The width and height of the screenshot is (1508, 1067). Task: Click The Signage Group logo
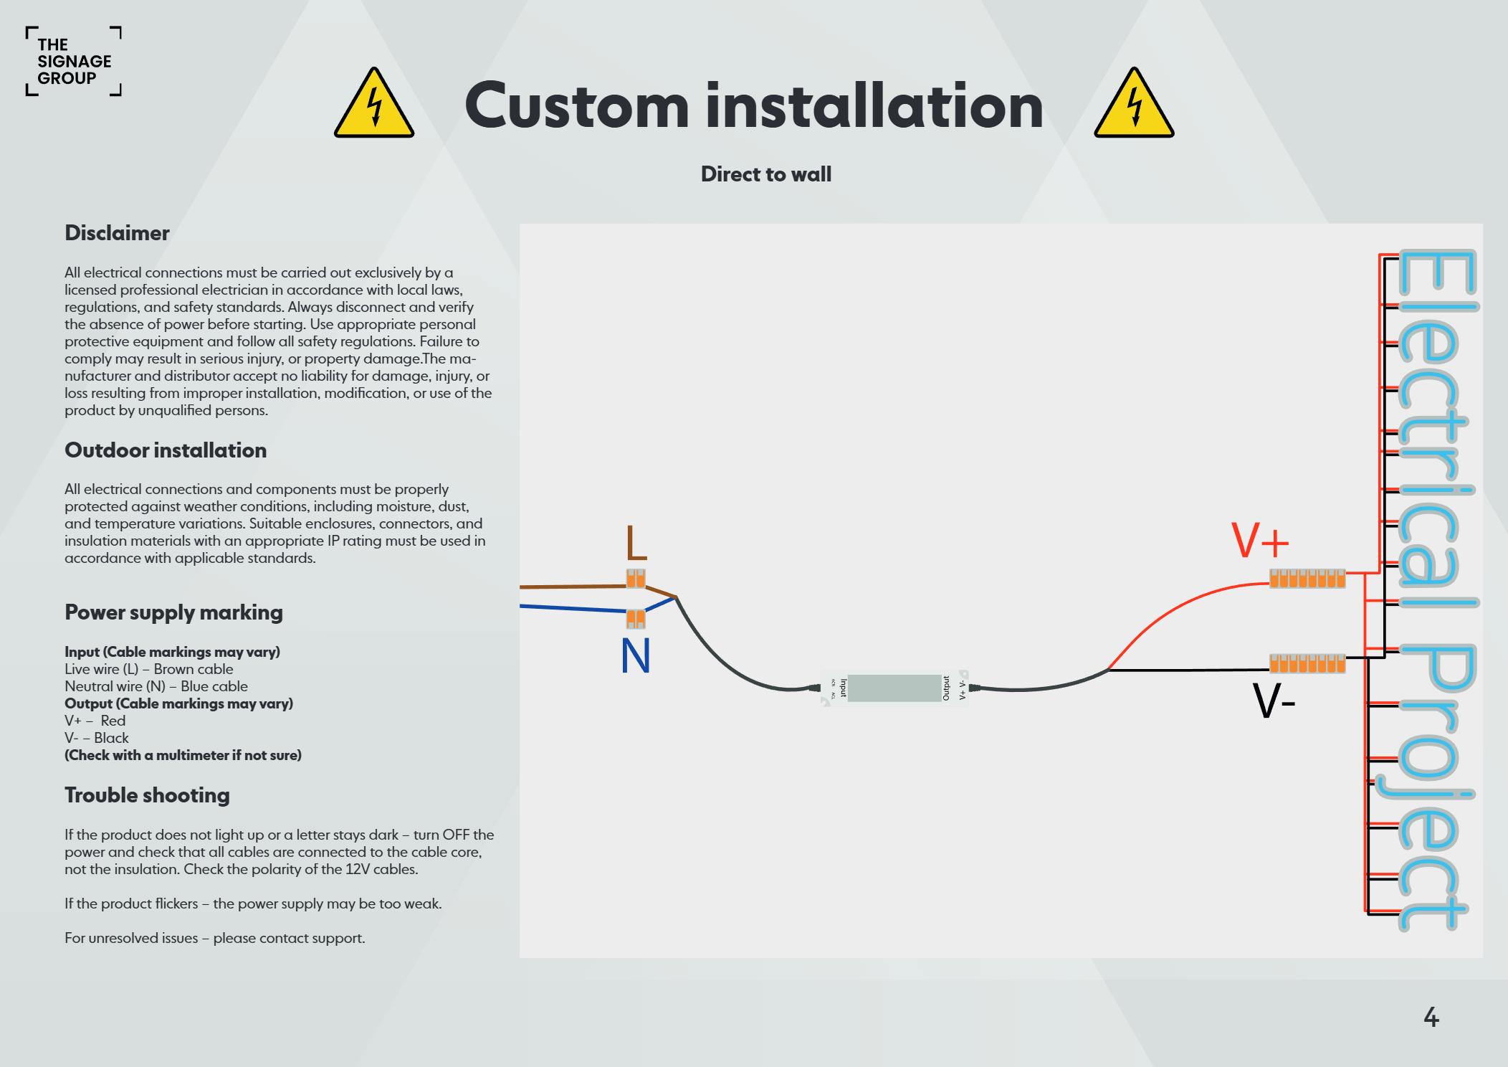click(74, 62)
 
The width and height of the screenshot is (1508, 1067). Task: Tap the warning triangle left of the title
click(374, 105)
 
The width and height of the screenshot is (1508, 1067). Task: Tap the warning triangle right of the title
click(1134, 105)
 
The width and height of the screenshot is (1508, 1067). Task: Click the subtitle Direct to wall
click(765, 174)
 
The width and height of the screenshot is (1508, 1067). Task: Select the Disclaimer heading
click(117, 233)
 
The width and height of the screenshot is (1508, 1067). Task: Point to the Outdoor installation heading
click(166, 450)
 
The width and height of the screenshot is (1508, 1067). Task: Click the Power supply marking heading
click(173, 612)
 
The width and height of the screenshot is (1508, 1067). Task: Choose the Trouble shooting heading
click(147, 795)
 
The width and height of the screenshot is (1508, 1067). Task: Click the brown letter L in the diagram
click(636, 543)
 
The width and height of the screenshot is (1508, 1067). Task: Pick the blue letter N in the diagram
click(636, 656)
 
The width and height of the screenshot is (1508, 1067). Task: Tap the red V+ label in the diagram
click(1260, 541)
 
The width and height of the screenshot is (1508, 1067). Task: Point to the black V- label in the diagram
click(1274, 701)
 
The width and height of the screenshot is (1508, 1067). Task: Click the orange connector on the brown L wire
click(636, 578)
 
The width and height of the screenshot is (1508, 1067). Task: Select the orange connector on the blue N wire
click(636, 618)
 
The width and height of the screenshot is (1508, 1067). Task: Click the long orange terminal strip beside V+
click(1307, 578)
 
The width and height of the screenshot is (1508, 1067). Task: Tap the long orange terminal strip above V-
click(1307, 663)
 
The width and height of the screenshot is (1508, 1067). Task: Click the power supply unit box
click(894, 688)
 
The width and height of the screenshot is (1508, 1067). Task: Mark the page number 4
click(1431, 1018)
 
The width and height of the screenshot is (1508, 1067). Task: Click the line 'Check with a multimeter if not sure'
click(183, 755)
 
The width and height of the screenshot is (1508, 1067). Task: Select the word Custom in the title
click(576, 106)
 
